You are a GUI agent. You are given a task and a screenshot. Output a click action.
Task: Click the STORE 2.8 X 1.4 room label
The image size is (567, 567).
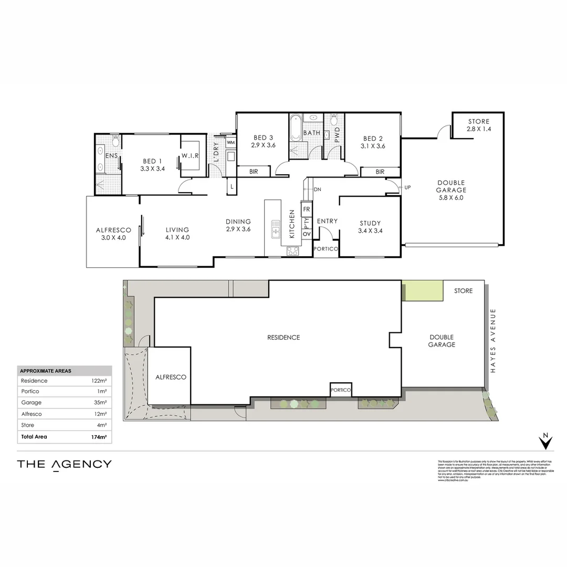click(478, 125)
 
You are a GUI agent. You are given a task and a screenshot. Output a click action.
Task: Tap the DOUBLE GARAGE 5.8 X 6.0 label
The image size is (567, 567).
click(451, 190)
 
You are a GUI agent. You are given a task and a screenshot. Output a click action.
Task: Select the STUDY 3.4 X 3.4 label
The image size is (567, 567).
click(370, 226)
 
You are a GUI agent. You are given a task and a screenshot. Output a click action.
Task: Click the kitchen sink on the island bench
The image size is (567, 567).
click(275, 230)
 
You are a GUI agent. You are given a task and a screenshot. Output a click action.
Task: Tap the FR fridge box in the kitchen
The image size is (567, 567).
click(307, 209)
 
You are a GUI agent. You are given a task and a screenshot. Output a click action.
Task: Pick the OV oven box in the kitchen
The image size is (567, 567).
click(307, 234)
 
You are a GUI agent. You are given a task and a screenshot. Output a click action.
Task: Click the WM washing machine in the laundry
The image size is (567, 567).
click(230, 142)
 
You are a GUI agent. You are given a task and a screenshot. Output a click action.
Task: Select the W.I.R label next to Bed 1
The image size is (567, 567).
click(190, 155)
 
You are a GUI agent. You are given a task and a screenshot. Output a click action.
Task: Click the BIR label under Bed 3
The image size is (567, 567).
click(254, 172)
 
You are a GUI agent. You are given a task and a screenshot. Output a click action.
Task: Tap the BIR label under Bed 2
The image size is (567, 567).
click(380, 172)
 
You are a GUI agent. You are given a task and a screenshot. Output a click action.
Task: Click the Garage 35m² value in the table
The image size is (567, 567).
click(100, 403)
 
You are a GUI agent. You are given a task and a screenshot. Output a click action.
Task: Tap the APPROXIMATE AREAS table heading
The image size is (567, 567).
click(45, 371)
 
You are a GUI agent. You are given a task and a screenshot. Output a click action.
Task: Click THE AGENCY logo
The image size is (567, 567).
click(64, 464)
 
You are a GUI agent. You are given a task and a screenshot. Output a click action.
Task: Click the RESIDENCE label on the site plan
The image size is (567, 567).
click(283, 338)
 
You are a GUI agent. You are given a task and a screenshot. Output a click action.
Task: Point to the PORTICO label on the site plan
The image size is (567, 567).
click(341, 390)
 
